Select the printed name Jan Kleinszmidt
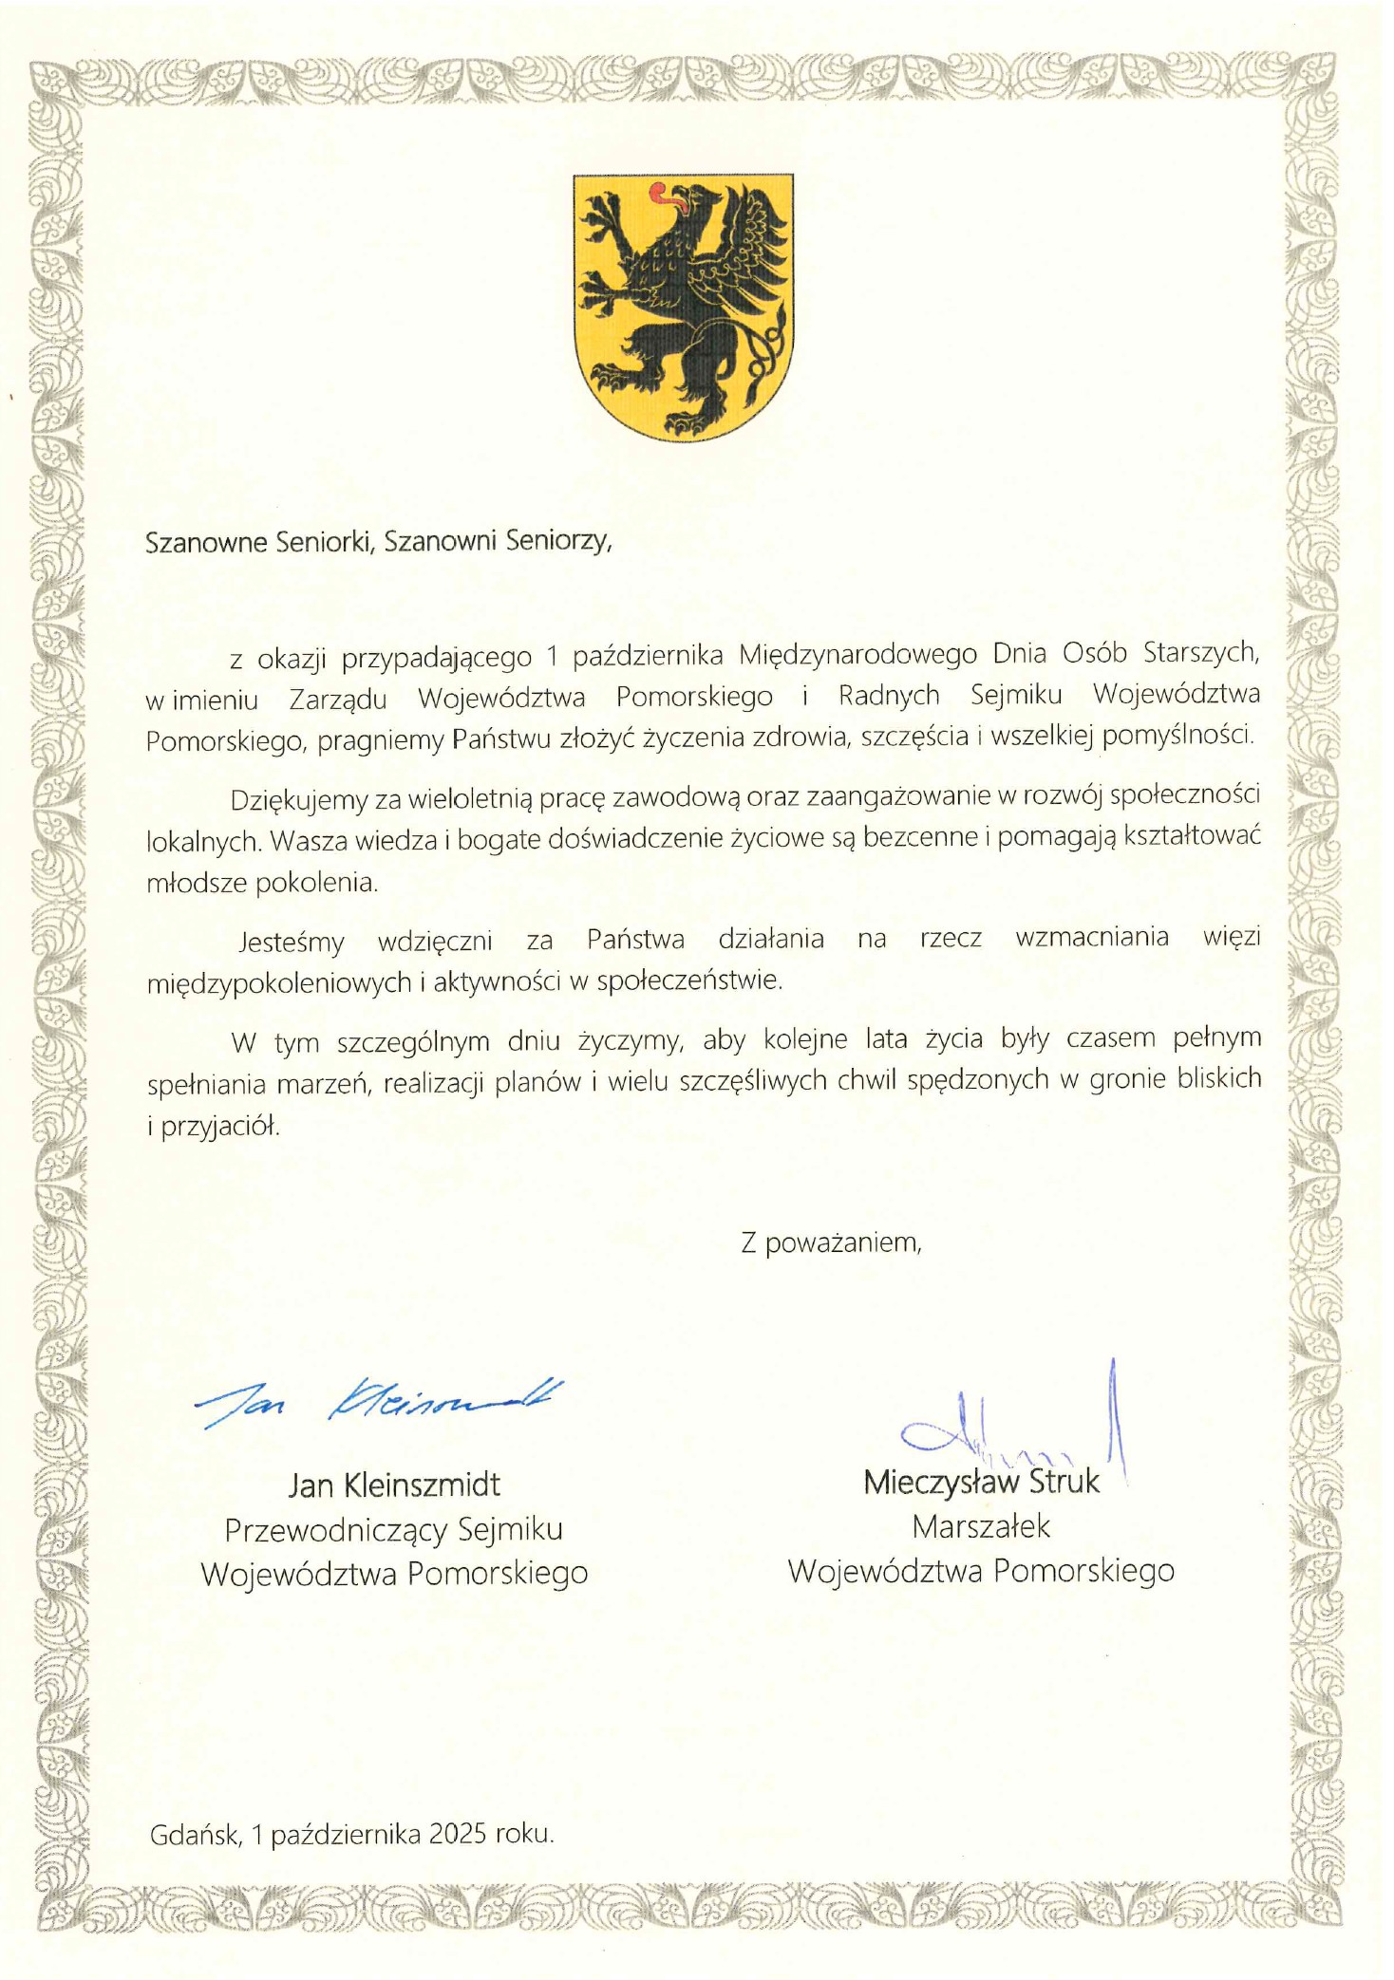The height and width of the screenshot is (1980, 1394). click(394, 1485)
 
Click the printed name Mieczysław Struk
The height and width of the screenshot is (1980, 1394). click(981, 1482)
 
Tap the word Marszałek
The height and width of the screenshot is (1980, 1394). click(981, 1526)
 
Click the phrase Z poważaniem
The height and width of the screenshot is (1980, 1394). click(831, 1242)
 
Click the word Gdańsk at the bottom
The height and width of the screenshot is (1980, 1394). click(195, 1834)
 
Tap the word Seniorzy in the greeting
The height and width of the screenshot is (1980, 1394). click(557, 541)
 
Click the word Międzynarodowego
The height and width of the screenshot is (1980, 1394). click(858, 654)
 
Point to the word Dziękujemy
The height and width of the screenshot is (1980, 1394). click(298, 800)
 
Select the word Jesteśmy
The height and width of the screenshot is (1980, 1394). click(291, 942)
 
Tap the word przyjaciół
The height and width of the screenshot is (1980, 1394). click(220, 1127)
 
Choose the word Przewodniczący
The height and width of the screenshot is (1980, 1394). click(335, 1529)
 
